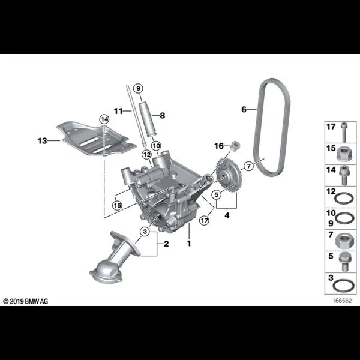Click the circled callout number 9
coord(138,88)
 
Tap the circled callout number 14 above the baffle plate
coord(104,119)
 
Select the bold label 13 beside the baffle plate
coord(42,141)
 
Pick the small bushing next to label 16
coord(235,146)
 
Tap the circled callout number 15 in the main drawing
coord(117,205)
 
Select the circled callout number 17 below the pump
coord(204,221)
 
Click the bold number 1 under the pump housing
coord(189,244)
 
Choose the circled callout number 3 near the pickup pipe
coord(145,232)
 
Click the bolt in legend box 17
coord(344,132)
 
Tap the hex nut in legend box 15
coord(344,154)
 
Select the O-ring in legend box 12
coord(344,199)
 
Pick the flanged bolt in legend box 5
coord(344,262)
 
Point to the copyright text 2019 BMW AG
coord(25,301)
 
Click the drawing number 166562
coord(342,301)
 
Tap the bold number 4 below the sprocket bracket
coord(227,215)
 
